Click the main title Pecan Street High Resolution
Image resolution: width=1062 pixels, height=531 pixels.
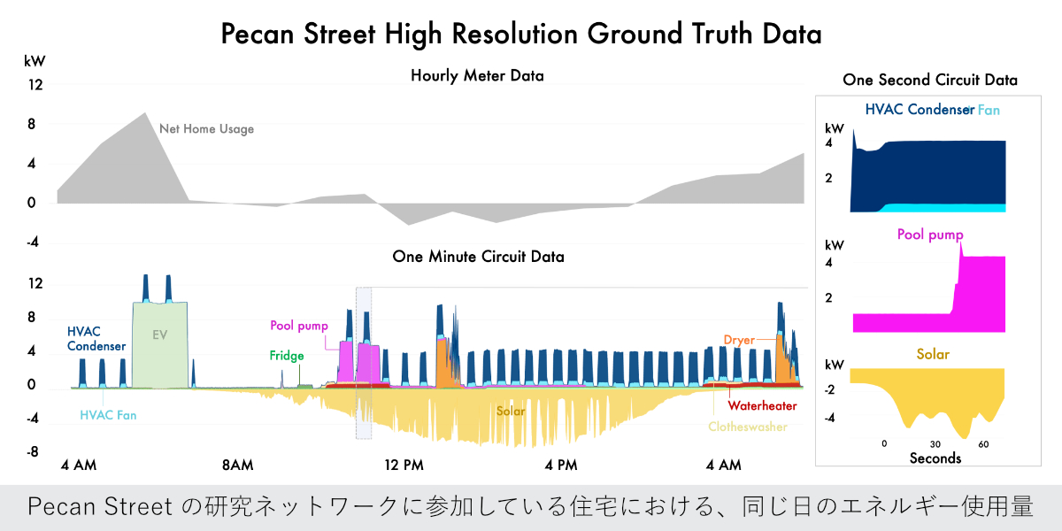point(521,35)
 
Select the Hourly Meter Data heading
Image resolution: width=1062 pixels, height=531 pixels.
point(477,76)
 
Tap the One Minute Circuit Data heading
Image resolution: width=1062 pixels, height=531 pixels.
point(479,257)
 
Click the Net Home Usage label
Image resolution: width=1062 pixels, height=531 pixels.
point(206,129)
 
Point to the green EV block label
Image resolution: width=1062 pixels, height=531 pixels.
point(160,335)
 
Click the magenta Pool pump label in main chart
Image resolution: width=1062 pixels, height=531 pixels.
point(299,326)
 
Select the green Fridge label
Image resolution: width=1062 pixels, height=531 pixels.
point(287,356)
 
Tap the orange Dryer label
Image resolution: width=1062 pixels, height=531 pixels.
point(739,340)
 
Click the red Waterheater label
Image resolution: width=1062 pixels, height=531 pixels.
point(758,406)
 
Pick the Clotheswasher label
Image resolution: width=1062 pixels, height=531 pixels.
point(748,426)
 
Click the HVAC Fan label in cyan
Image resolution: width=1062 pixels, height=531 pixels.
point(108,414)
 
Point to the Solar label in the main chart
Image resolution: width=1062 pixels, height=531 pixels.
point(511,412)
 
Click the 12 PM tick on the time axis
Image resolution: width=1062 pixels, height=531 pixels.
point(404,466)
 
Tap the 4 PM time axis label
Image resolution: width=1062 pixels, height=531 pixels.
point(561,466)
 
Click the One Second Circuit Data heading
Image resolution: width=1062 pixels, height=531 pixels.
point(930,80)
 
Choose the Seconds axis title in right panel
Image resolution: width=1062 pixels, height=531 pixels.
point(935,458)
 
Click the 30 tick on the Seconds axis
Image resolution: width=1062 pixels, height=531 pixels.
point(935,443)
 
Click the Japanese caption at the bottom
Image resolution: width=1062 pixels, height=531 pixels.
point(531,508)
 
